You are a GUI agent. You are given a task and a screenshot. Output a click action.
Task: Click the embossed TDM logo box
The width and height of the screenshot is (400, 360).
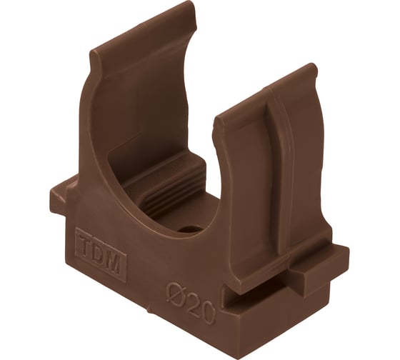point(101,256)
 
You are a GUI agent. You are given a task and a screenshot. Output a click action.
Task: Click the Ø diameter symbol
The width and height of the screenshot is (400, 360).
point(175,294)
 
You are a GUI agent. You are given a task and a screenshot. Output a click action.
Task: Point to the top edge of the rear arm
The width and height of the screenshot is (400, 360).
point(144,28)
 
